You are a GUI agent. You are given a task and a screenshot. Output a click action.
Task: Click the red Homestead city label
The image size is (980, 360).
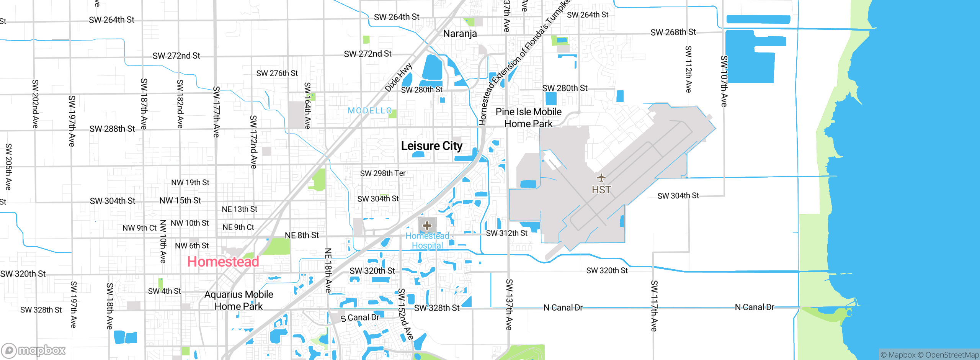tap(223, 262)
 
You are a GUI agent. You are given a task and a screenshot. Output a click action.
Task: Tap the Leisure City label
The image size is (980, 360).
tap(432, 146)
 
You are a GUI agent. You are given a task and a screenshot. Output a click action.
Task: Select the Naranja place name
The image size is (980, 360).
tap(460, 34)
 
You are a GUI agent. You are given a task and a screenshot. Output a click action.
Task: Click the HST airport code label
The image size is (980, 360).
tap(601, 190)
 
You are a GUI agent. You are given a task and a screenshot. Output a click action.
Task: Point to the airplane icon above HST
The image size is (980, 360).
tap(601, 178)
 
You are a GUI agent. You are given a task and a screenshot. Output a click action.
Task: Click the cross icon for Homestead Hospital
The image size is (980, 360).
tap(427, 226)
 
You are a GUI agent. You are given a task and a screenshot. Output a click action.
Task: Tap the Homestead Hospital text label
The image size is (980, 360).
tap(427, 241)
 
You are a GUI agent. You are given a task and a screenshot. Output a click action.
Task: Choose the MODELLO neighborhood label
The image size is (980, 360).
tap(370, 111)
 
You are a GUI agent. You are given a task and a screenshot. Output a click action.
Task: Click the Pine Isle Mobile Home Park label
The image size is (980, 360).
tap(529, 118)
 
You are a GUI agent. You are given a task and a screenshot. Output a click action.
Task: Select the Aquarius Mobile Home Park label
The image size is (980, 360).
tap(239, 300)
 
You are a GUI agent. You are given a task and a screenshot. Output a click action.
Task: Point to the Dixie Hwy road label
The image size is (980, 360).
tap(399, 77)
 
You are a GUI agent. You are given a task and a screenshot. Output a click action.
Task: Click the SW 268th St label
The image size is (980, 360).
tap(673, 32)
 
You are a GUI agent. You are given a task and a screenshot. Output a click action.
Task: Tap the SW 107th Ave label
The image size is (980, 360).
tap(724, 81)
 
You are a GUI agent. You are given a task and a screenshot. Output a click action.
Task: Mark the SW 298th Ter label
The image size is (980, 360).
tap(383, 173)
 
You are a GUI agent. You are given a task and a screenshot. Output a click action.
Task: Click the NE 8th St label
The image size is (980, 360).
tap(302, 235)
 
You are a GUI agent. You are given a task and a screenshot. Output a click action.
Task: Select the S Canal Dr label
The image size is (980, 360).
tap(360, 317)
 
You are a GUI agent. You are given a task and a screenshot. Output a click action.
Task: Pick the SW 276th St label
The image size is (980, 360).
tap(277, 73)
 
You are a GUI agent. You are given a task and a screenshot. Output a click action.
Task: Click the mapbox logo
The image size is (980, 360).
tap(34, 350)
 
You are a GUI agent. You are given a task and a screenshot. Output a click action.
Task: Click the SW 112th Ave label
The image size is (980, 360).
tap(688, 69)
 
